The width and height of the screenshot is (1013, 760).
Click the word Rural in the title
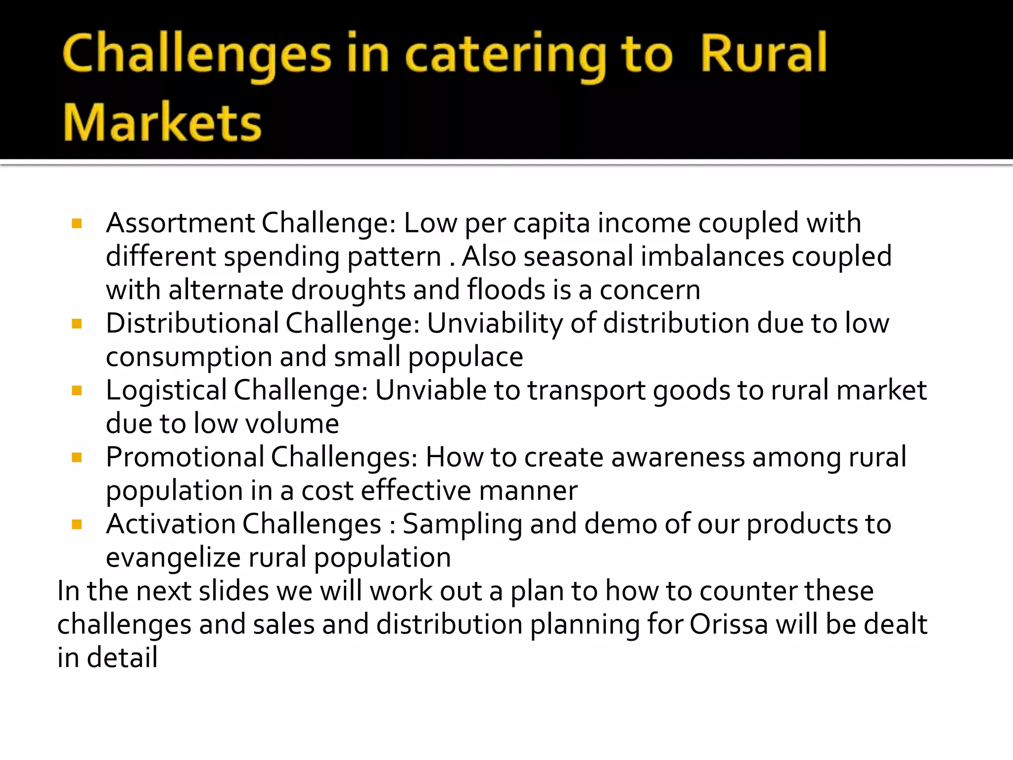[763, 53]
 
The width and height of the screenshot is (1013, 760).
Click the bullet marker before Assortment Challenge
[77, 224]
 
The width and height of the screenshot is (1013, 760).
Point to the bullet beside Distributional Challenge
[77, 324]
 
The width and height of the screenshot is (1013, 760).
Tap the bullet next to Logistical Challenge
[77, 391]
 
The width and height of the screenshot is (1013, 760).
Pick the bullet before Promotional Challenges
[77, 458]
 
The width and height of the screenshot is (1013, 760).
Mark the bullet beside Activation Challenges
[77, 524]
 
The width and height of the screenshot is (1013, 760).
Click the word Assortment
[180, 223]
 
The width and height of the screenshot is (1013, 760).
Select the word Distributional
[192, 324]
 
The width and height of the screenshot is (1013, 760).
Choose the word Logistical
[166, 391]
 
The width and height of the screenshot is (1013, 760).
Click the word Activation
[171, 524]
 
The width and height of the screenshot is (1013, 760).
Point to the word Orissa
[728, 624]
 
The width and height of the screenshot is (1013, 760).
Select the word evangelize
[173, 558]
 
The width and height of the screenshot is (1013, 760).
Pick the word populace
[465, 357]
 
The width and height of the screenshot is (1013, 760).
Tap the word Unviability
[495, 324]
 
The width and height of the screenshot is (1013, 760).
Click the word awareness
[678, 457]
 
